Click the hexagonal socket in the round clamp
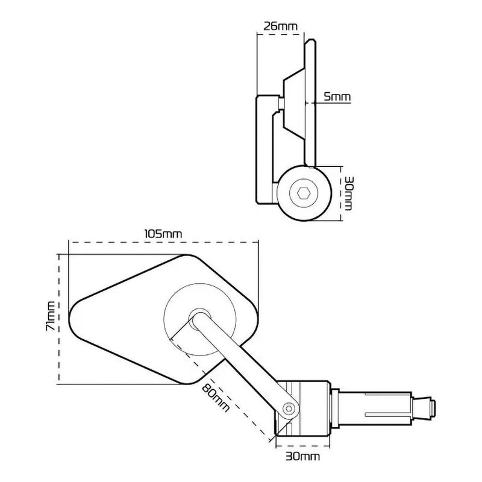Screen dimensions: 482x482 coord(304,193)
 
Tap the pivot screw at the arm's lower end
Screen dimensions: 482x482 coord(290,409)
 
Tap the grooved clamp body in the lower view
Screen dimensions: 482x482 coord(307,407)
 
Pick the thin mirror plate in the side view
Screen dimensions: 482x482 coord(308,102)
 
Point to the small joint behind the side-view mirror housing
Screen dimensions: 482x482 coord(281,104)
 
